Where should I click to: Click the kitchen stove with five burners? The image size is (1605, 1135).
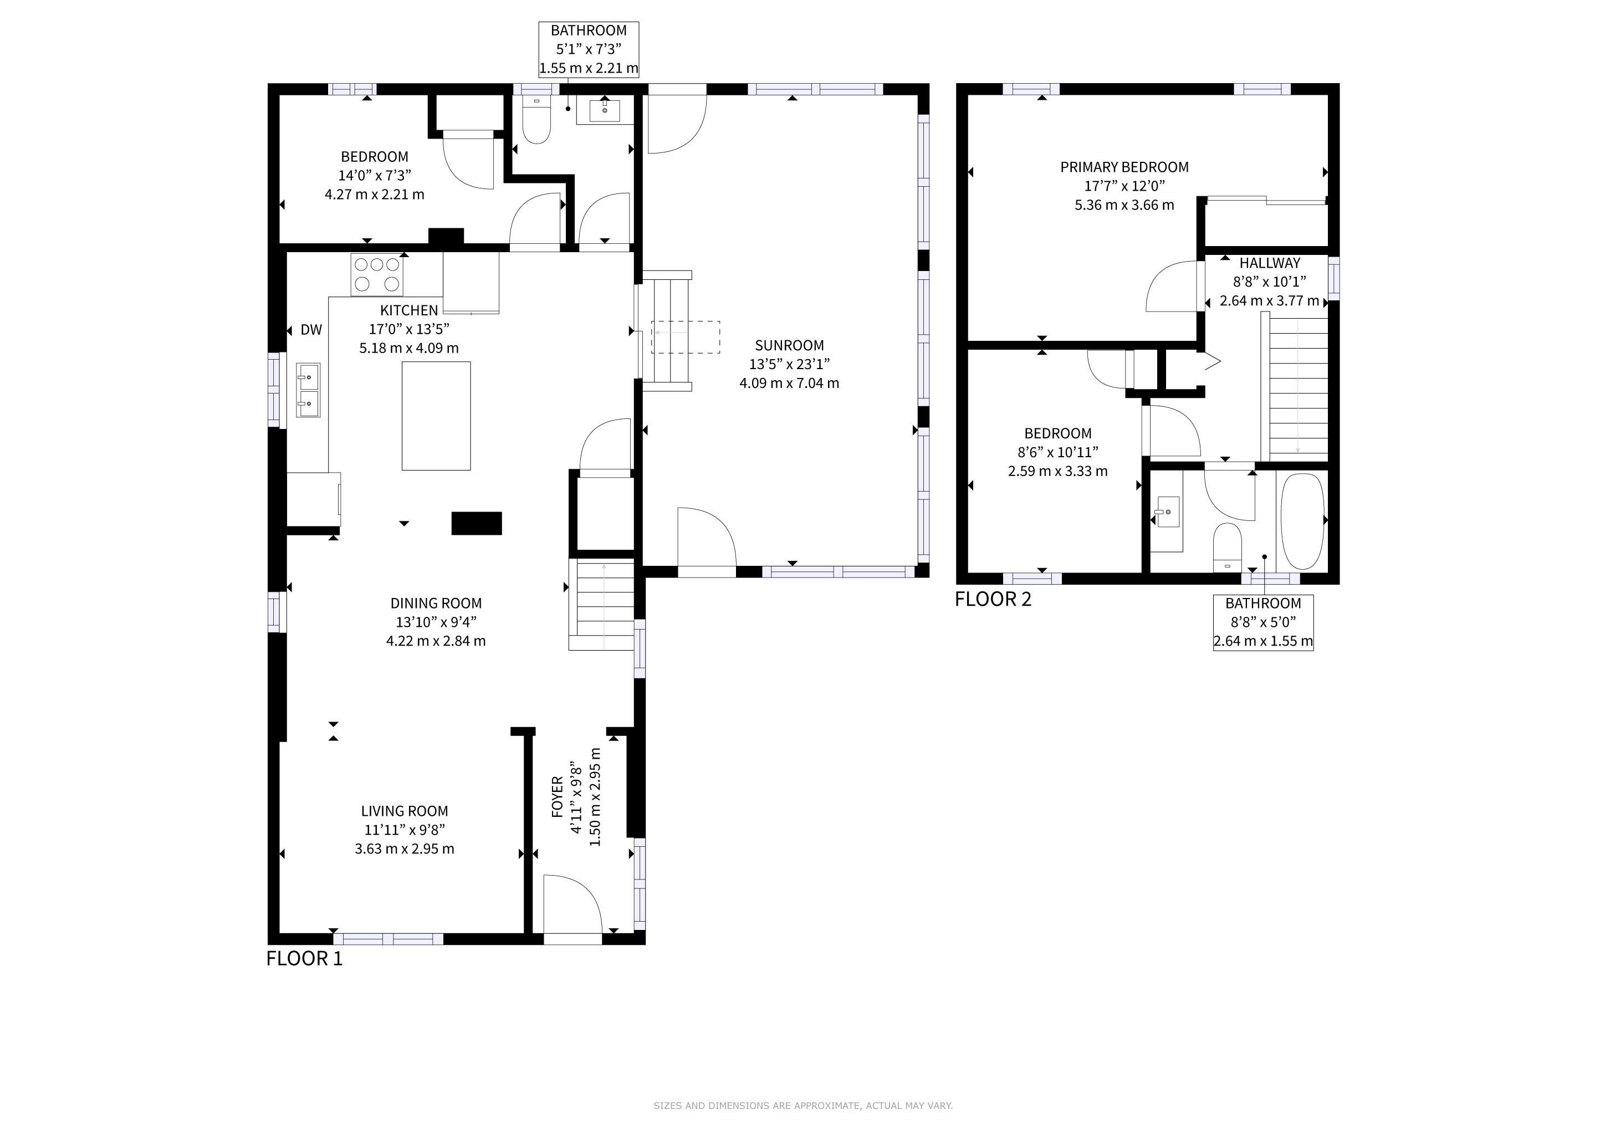pos(377,275)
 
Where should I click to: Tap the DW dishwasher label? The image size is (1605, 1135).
pos(311,330)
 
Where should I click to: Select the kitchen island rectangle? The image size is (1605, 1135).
pos(436,416)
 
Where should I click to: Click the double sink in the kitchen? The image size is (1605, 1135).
pos(308,390)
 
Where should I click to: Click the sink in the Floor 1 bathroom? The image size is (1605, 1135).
pos(605,110)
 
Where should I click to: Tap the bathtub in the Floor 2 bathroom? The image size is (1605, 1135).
pos(1302,522)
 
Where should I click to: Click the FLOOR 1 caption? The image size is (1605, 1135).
pos(305,958)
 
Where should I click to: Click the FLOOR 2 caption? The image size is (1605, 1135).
pos(993,599)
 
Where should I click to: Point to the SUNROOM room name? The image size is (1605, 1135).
pos(789,345)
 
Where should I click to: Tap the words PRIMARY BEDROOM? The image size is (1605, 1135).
pos(1124,167)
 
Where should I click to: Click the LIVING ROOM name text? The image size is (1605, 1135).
pos(405,811)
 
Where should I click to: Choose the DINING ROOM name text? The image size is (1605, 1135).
pos(436,603)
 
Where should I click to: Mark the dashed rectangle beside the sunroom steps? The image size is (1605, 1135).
pos(686,337)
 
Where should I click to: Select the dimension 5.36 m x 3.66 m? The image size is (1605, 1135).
pos(1124,204)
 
